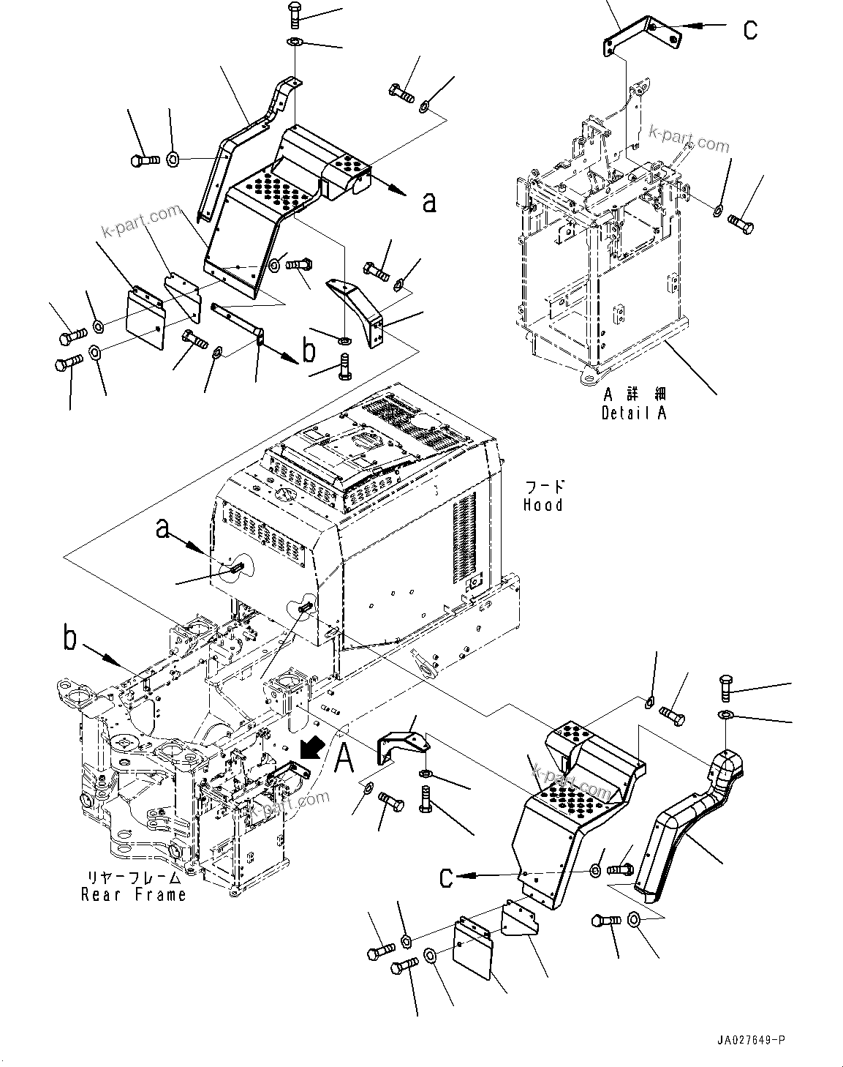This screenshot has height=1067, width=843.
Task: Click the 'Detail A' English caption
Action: (634, 413)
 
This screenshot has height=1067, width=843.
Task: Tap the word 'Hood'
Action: (543, 505)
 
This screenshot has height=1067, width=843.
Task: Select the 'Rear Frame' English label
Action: (133, 894)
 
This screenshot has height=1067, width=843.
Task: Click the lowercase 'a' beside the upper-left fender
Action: (429, 201)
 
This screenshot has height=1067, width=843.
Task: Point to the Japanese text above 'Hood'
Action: (543, 487)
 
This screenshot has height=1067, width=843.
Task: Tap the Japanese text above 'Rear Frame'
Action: (133, 877)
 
